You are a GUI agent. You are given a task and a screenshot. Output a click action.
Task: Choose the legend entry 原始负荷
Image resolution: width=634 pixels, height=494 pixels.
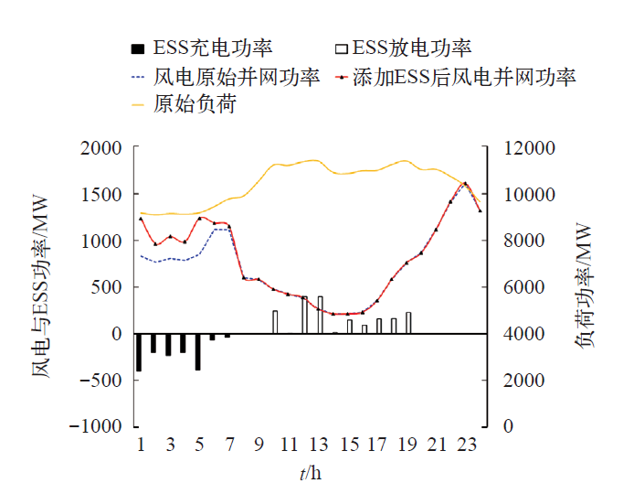195,104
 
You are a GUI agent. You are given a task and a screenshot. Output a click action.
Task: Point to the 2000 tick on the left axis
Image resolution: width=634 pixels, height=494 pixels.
100,148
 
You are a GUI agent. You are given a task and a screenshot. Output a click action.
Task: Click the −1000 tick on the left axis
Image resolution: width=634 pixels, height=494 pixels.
95,426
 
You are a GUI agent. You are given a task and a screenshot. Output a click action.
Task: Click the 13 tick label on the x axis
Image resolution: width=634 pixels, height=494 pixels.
318,445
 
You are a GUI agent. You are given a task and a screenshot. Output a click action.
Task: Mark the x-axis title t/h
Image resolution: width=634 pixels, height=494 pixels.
310,473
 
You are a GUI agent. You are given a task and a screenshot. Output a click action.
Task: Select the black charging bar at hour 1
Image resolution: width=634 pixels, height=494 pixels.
139,352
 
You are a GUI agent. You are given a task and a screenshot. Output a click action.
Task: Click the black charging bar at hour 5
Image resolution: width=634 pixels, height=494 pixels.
197,351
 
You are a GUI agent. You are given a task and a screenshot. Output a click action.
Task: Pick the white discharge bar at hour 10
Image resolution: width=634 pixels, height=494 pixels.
275,322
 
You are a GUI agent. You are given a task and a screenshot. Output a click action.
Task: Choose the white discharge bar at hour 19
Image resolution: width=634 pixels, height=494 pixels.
408,323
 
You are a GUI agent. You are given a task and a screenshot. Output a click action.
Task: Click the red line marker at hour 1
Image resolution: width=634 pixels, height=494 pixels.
140,219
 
